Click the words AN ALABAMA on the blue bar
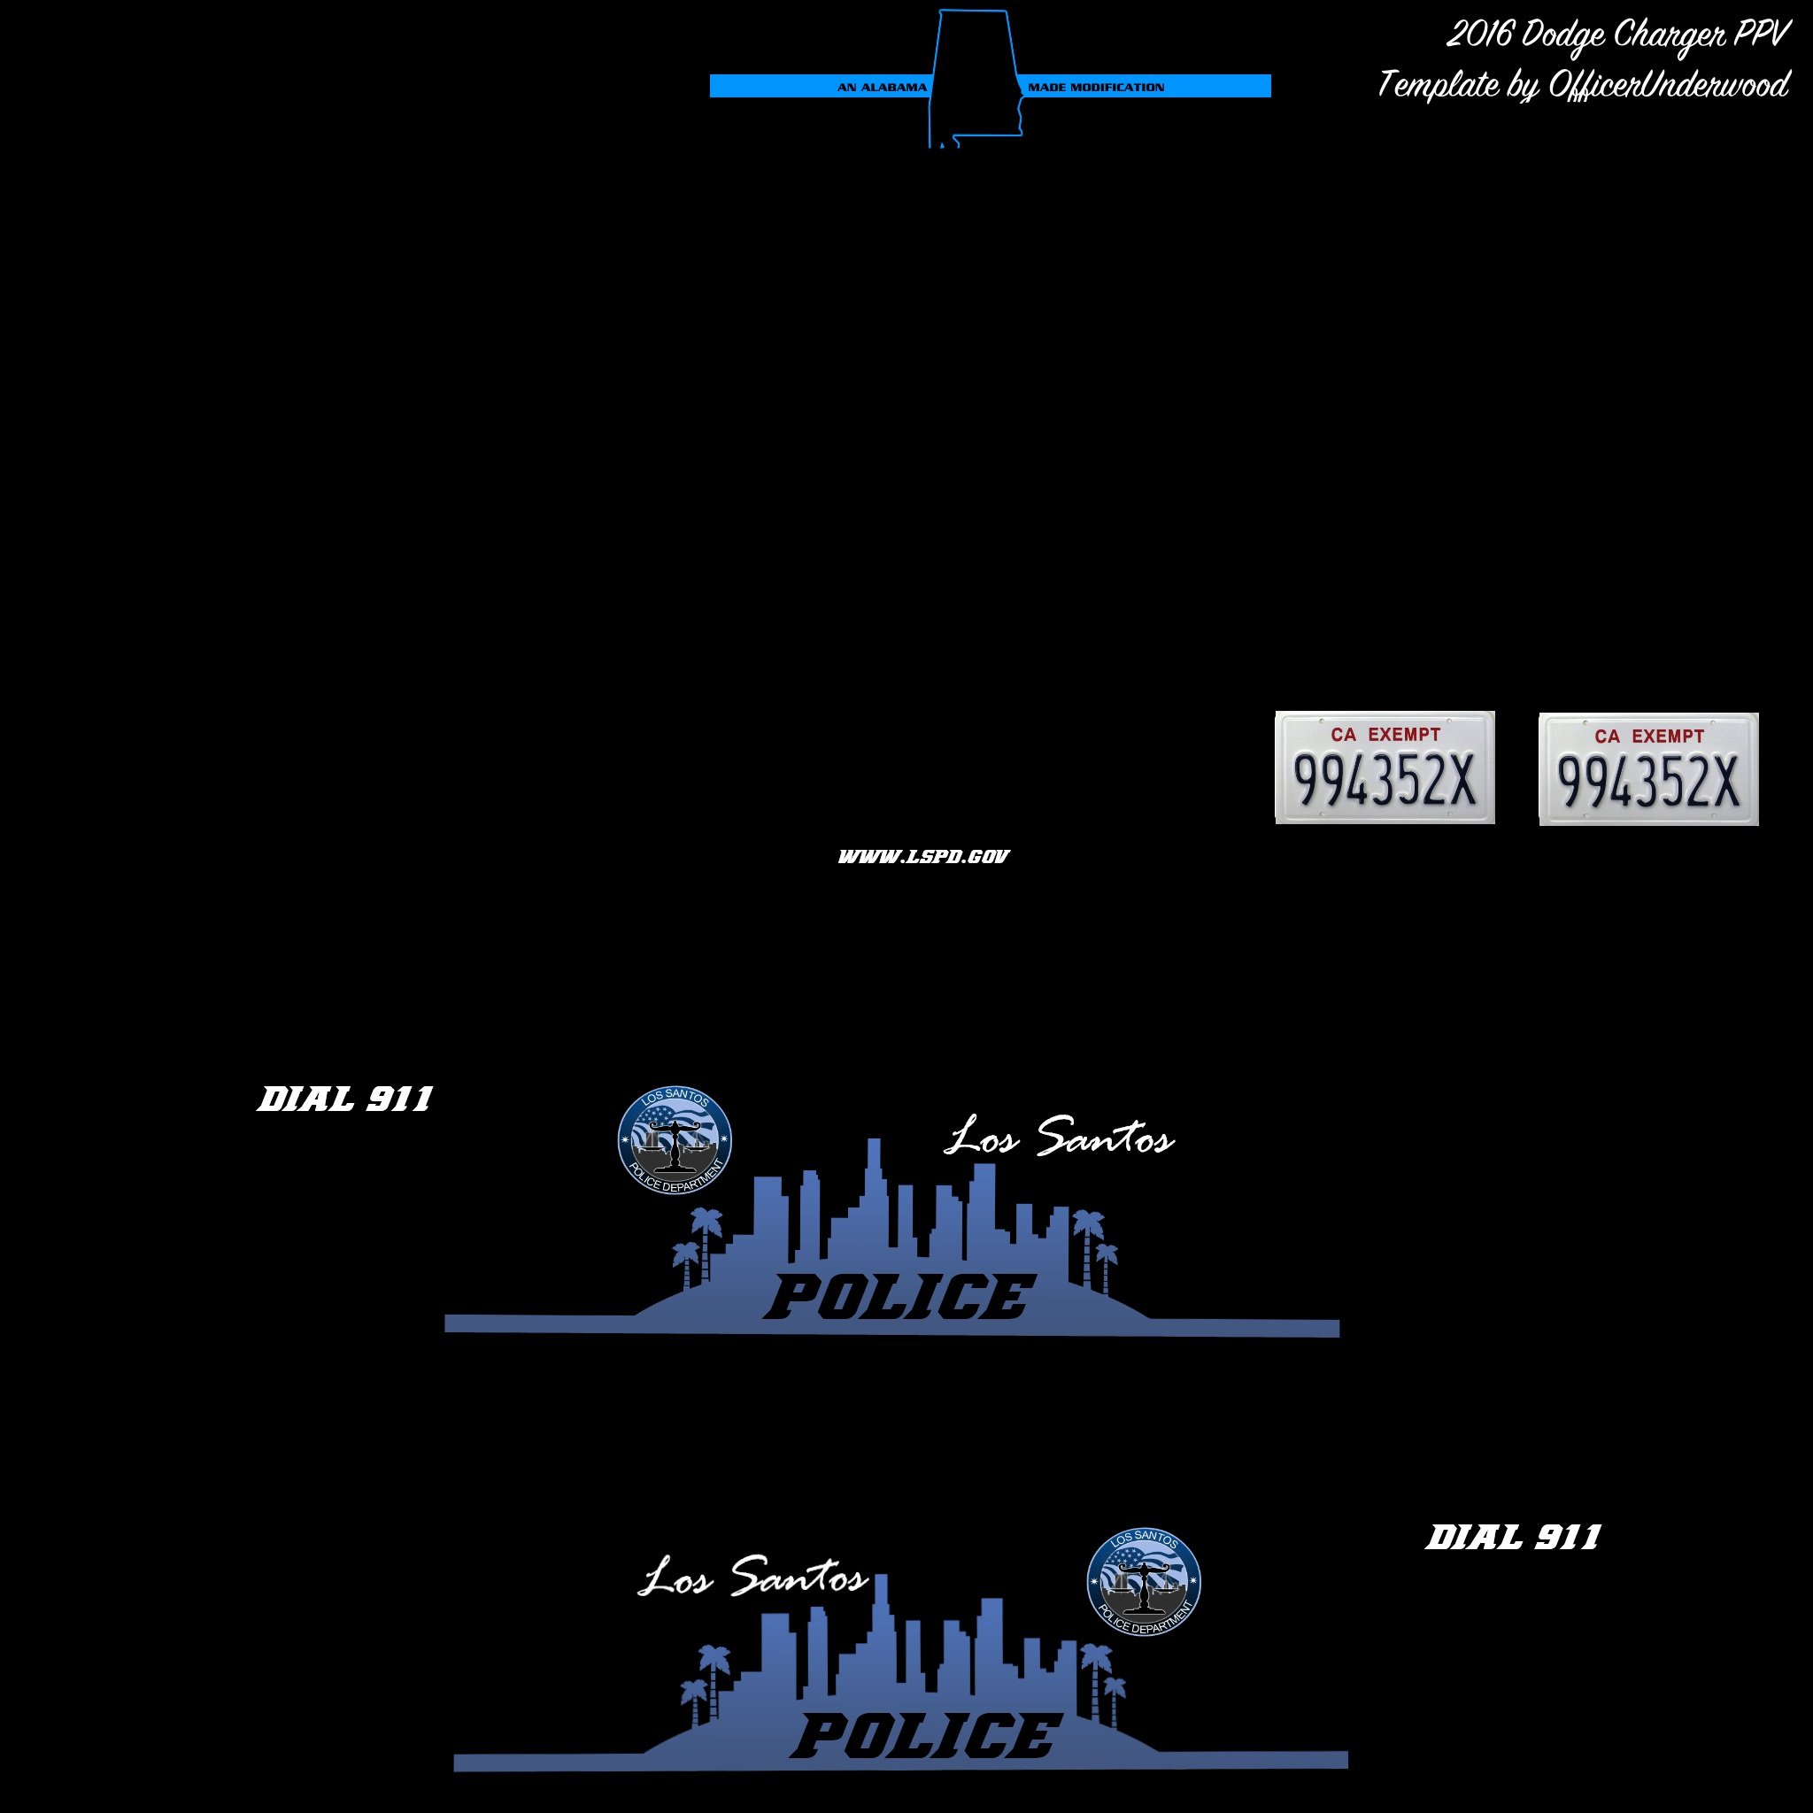click(881, 88)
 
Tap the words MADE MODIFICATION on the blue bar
click(1095, 88)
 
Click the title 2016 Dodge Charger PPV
click(1616, 35)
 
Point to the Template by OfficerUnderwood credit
click(1583, 85)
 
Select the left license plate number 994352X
click(1385, 780)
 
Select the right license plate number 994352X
click(1647, 782)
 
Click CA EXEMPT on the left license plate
click(1385, 734)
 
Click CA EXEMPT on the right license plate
click(1647, 737)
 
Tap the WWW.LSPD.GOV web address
click(923, 856)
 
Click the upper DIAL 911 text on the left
click(345, 1099)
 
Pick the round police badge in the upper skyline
click(674, 1141)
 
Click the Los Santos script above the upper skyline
click(1059, 1138)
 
